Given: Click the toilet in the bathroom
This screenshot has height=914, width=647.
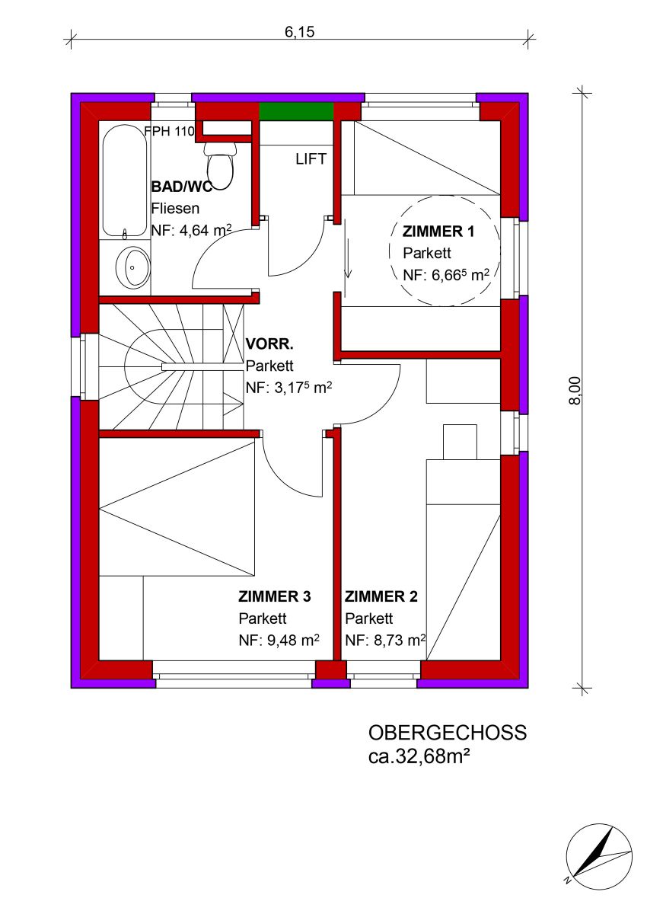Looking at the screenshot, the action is point(220,166).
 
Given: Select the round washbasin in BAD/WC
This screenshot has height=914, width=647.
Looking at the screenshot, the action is point(133,267).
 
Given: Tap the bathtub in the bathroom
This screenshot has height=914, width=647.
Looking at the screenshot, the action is point(124,181).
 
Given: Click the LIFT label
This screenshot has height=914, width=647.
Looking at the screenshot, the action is point(311,159).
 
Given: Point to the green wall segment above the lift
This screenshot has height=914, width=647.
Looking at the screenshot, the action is point(296,111).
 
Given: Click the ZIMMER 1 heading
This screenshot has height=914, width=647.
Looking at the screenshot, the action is point(438,232).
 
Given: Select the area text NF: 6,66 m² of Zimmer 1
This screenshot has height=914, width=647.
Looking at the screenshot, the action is point(446,275).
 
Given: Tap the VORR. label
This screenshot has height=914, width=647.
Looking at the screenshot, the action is point(269,344).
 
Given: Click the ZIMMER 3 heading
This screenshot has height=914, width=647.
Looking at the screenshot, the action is point(274,597).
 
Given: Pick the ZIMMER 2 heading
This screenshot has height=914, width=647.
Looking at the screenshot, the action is point(381,597).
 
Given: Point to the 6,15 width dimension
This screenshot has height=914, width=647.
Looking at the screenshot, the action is point(300,32).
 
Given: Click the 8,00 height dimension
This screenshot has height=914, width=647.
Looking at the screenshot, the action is point(575,391).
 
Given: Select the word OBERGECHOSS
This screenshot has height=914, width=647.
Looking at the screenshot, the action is point(448,733).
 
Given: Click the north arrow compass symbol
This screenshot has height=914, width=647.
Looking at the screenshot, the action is point(599,855).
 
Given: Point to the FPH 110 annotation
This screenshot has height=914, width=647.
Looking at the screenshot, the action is point(170,131).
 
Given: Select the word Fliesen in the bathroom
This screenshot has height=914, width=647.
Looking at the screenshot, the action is point(175,209).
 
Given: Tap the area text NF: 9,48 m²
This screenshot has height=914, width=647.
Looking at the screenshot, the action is point(279,641).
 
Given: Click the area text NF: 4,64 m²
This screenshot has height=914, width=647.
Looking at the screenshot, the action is point(191,231).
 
